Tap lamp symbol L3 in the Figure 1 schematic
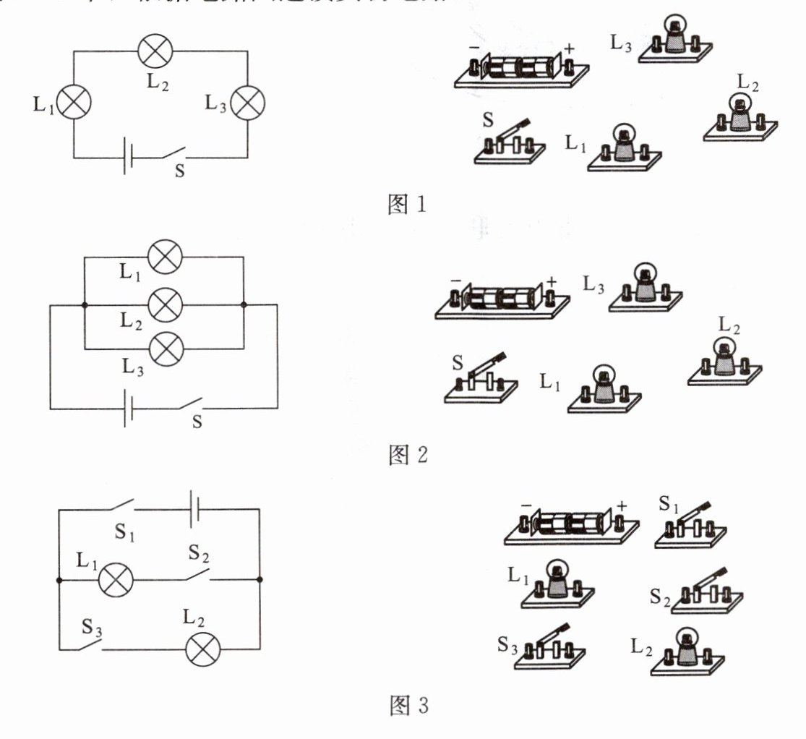(248, 103)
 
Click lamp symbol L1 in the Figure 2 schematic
(165, 257)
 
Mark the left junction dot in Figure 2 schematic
(84, 305)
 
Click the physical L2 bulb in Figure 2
(724, 362)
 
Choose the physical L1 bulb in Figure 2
(604, 389)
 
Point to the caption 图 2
(408, 456)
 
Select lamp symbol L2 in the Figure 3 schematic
(203, 649)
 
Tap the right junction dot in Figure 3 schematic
(260, 579)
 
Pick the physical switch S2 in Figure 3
(706, 593)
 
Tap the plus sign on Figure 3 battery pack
(622, 506)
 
